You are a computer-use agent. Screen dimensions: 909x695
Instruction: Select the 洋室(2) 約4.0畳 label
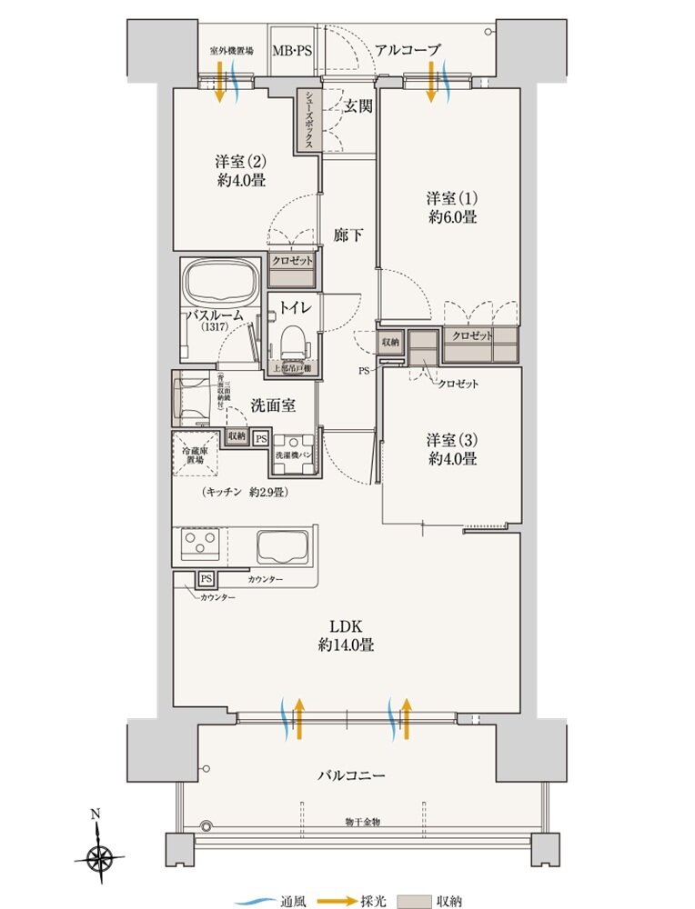pos(240,171)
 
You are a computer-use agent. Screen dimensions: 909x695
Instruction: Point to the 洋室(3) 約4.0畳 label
pos(451,449)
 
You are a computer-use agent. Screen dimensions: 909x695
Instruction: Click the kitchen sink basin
pos(284,547)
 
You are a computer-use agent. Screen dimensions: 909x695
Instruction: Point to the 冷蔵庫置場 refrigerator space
pos(196,454)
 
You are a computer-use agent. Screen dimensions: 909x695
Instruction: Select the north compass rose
pos(98,855)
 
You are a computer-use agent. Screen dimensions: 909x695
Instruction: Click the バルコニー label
pos(351,776)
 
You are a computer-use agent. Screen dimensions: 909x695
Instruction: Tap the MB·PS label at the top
pos(292,51)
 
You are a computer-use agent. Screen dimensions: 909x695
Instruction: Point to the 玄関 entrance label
pos(358,105)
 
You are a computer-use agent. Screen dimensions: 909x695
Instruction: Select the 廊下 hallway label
pos(349,235)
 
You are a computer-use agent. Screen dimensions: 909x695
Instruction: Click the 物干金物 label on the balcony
pos(362,822)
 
